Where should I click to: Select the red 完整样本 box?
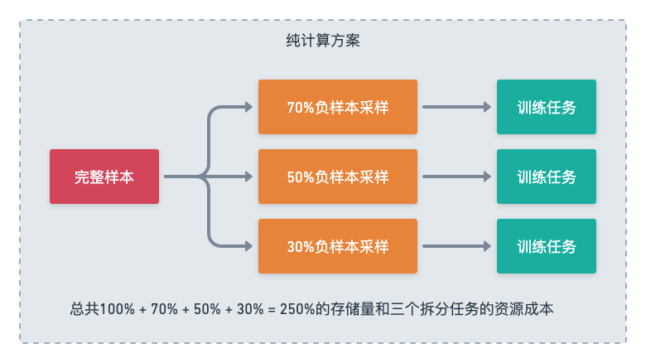tap(104, 177)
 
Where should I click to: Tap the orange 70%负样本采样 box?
tap(337, 107)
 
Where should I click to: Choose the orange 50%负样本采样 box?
tap(337, 177)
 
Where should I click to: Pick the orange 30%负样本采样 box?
tap(337, 246)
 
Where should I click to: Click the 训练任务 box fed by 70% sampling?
tap(546, 107)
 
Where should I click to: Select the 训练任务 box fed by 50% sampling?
tap(546, 177)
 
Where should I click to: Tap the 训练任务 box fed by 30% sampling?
tap(546, 246)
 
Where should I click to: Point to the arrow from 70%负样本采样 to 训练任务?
tap(456, 107)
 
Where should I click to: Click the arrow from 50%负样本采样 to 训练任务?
tap(456, 177)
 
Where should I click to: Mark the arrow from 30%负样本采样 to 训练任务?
tap(456, 246)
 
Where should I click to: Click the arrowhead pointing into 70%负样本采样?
tap(248, 107)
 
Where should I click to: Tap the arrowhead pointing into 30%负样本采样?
tap(248, 246)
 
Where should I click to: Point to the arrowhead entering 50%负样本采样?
tap(248, 177)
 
